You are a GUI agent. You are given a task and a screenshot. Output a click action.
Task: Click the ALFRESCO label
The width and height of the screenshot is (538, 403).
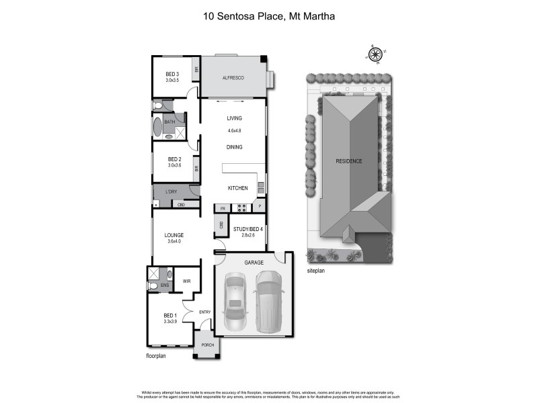[x=233, y=79]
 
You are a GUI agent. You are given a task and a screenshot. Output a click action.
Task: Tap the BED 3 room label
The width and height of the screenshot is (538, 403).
[x=172, y=74]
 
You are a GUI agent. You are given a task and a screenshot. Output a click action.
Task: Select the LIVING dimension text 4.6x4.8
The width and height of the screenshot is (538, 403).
[x=234, y=130]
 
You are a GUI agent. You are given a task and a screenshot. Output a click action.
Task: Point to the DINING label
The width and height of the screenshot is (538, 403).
[x=234, y=147]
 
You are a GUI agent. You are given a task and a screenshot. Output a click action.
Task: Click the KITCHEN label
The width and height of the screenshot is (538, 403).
[x=237, y=188]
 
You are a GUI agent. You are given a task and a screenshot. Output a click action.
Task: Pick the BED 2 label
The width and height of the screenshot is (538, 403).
[x=175, y=159]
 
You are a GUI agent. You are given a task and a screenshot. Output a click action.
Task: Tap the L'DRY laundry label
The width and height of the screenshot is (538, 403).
[x=168, y=191]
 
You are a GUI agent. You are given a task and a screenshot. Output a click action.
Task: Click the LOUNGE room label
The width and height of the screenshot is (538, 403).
[x=175, y=235]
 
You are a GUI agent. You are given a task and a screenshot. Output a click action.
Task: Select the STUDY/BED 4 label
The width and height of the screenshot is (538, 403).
[x=247, y=230]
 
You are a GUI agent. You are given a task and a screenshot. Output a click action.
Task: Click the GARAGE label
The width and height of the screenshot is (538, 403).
[x=254, y=262]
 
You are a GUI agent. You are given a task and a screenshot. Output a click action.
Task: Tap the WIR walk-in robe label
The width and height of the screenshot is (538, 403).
[x=186, y=281]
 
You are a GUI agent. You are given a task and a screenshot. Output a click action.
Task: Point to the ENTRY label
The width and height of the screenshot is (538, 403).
[x=206, y=312]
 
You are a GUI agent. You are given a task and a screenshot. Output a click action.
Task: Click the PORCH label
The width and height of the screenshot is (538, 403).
[x=206, y=344]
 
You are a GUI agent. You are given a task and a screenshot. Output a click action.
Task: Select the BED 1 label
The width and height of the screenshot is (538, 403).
[x=170, y=315]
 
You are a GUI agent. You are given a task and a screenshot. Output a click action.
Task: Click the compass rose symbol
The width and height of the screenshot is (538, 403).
[x=376, y=53]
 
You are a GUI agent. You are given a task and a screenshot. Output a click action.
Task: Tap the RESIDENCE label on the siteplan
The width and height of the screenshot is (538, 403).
[x=350, y=161]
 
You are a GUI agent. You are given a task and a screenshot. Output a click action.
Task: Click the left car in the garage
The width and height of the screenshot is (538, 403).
[x=235, y=302]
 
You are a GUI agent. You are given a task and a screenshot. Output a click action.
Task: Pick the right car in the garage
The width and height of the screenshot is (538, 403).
[x=269, y=300]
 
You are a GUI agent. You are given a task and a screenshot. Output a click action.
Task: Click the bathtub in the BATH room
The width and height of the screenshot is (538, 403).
[x=158, y=128]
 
